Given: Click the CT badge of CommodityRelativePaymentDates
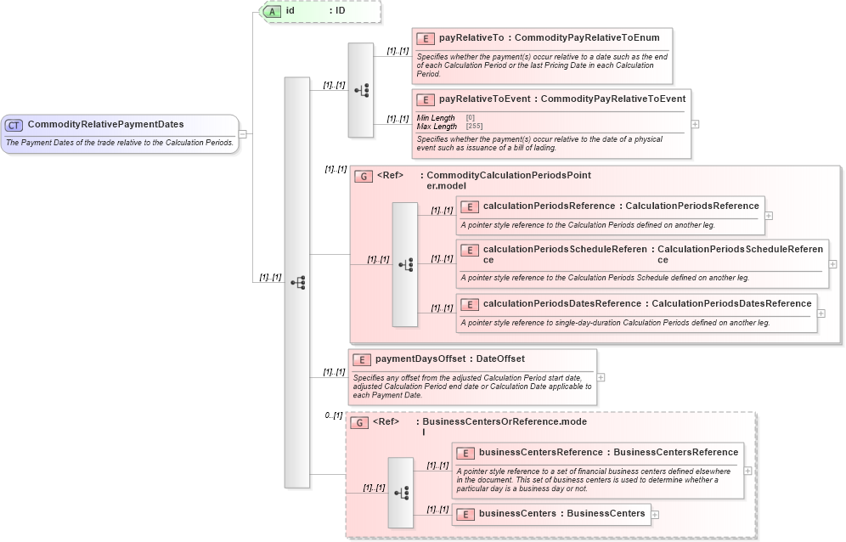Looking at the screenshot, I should (14, 125).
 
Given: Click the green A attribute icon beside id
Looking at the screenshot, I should (273, 11).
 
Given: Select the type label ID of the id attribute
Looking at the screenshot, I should (340, 11).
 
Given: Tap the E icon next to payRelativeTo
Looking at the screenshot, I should (426, 39).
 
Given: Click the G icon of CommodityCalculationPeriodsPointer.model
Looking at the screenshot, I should (364, 176).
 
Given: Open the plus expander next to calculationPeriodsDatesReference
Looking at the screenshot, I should (821, 313).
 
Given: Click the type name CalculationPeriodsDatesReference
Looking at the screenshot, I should (731, 303).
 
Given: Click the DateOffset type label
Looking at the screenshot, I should (500, 359).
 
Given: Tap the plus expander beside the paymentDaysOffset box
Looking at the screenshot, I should (601, 376).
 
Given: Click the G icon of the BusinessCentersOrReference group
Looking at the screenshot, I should (360, 422).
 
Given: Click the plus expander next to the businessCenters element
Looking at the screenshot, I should (655, 514).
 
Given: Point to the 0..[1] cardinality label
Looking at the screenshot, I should (334, 415).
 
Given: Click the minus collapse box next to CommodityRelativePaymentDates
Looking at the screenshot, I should (243, 133).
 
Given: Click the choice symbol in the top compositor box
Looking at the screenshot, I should (362, 89).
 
